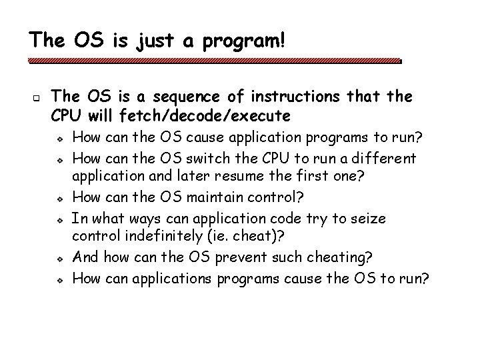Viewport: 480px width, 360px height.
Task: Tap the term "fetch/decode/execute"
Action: coord(205,116)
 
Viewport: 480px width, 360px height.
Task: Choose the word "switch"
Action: coord(243,159)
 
